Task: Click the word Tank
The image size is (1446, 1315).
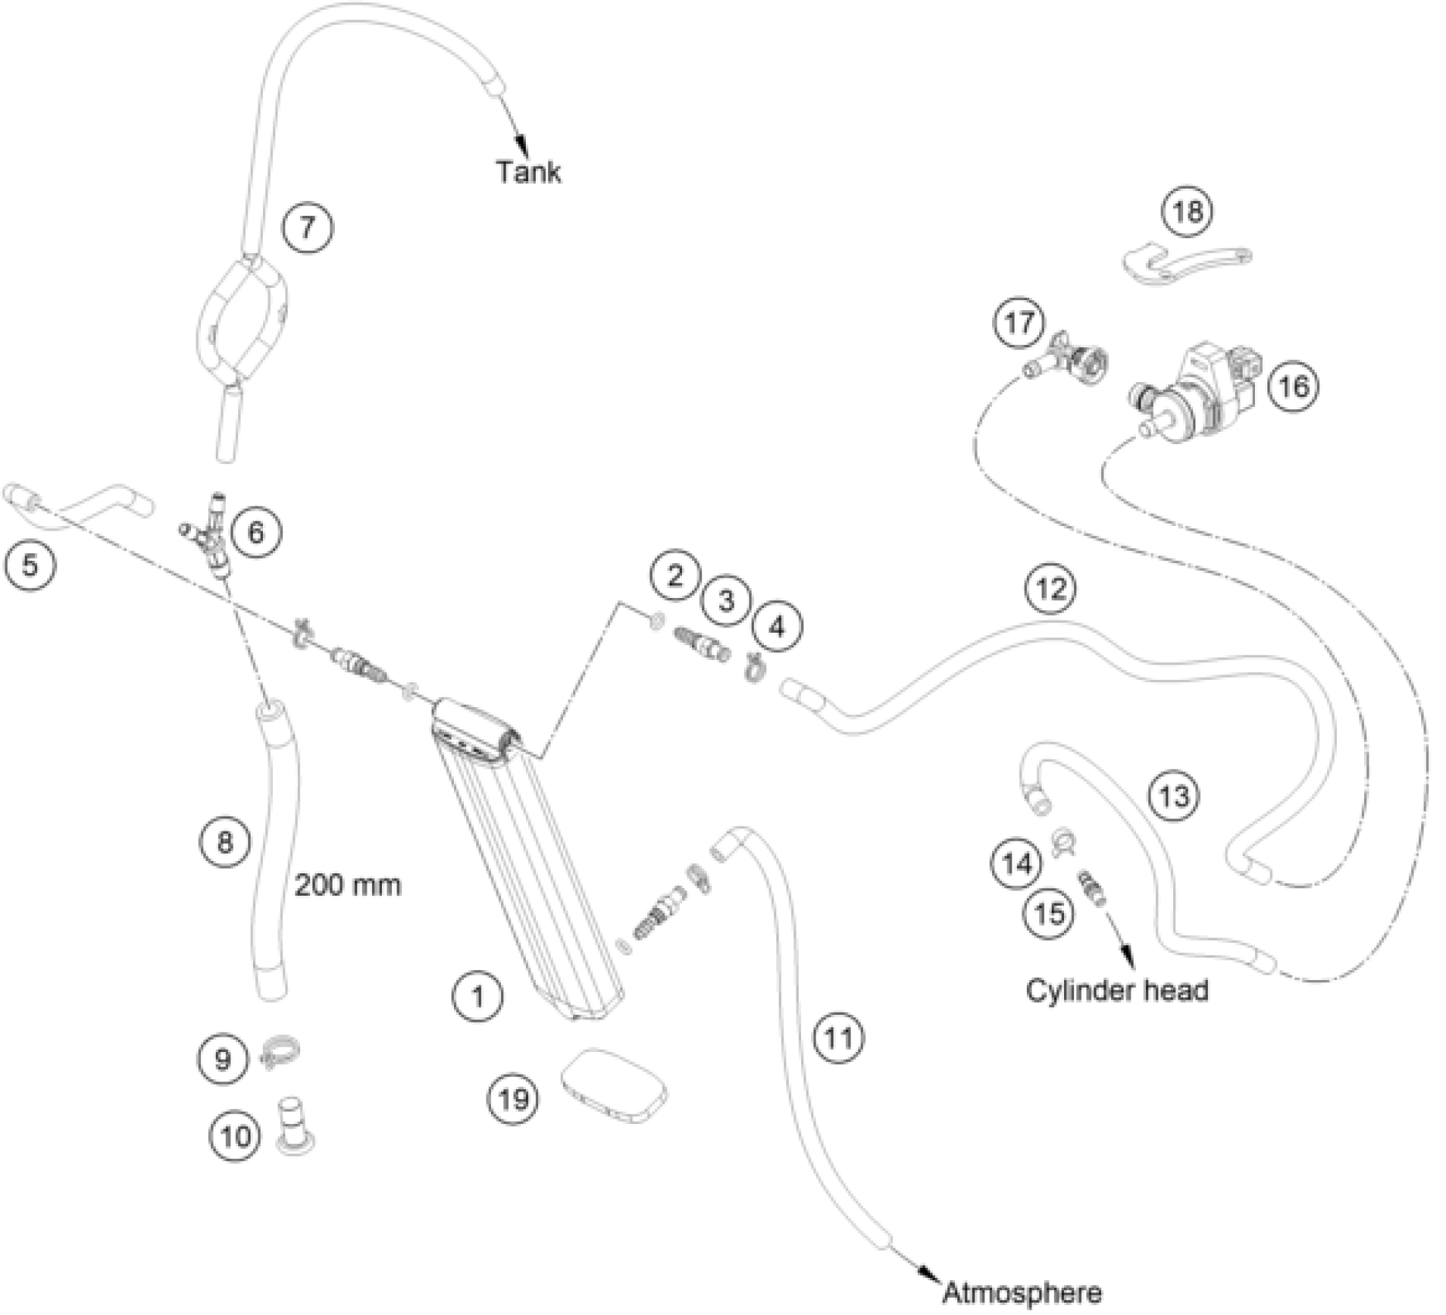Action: tap(529, 171)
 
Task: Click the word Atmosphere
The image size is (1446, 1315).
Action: tap(1022, 1292)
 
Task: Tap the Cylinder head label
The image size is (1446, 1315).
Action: tap(1117, 989)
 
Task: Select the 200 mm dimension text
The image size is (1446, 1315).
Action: tap(348, 884)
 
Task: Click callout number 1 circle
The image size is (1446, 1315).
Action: tap(478, 996)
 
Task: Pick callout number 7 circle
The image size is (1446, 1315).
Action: tap(307, 227)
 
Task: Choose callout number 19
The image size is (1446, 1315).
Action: tap(514, 1098)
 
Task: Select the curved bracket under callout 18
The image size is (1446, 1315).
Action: tap(1183, 266)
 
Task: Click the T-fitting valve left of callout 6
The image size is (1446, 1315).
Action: tap(209, 534)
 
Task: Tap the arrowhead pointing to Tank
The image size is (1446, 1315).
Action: tap(523, 145)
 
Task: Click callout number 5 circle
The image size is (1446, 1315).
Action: tap(29, 564)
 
